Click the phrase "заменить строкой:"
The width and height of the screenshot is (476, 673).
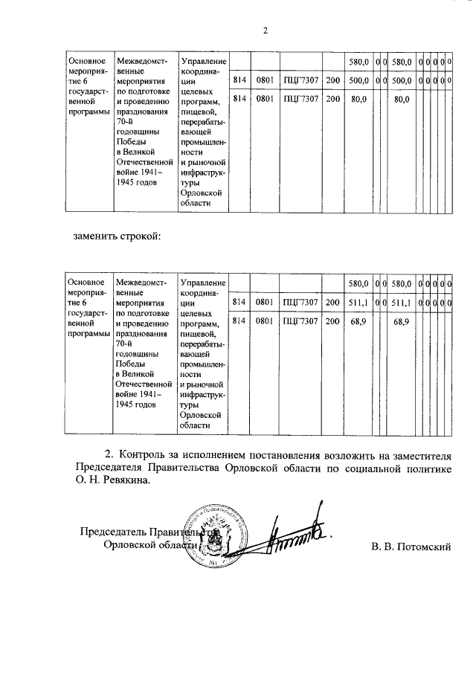coord(118,236)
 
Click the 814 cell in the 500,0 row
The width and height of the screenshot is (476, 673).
coord(239,80)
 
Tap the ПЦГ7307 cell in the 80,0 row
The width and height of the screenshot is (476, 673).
coord(301,97)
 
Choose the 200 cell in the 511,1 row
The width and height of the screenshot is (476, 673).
coord(332,302)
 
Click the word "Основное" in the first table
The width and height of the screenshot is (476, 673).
coord(86,60)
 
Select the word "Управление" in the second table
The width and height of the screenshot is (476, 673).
coord(203,283)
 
